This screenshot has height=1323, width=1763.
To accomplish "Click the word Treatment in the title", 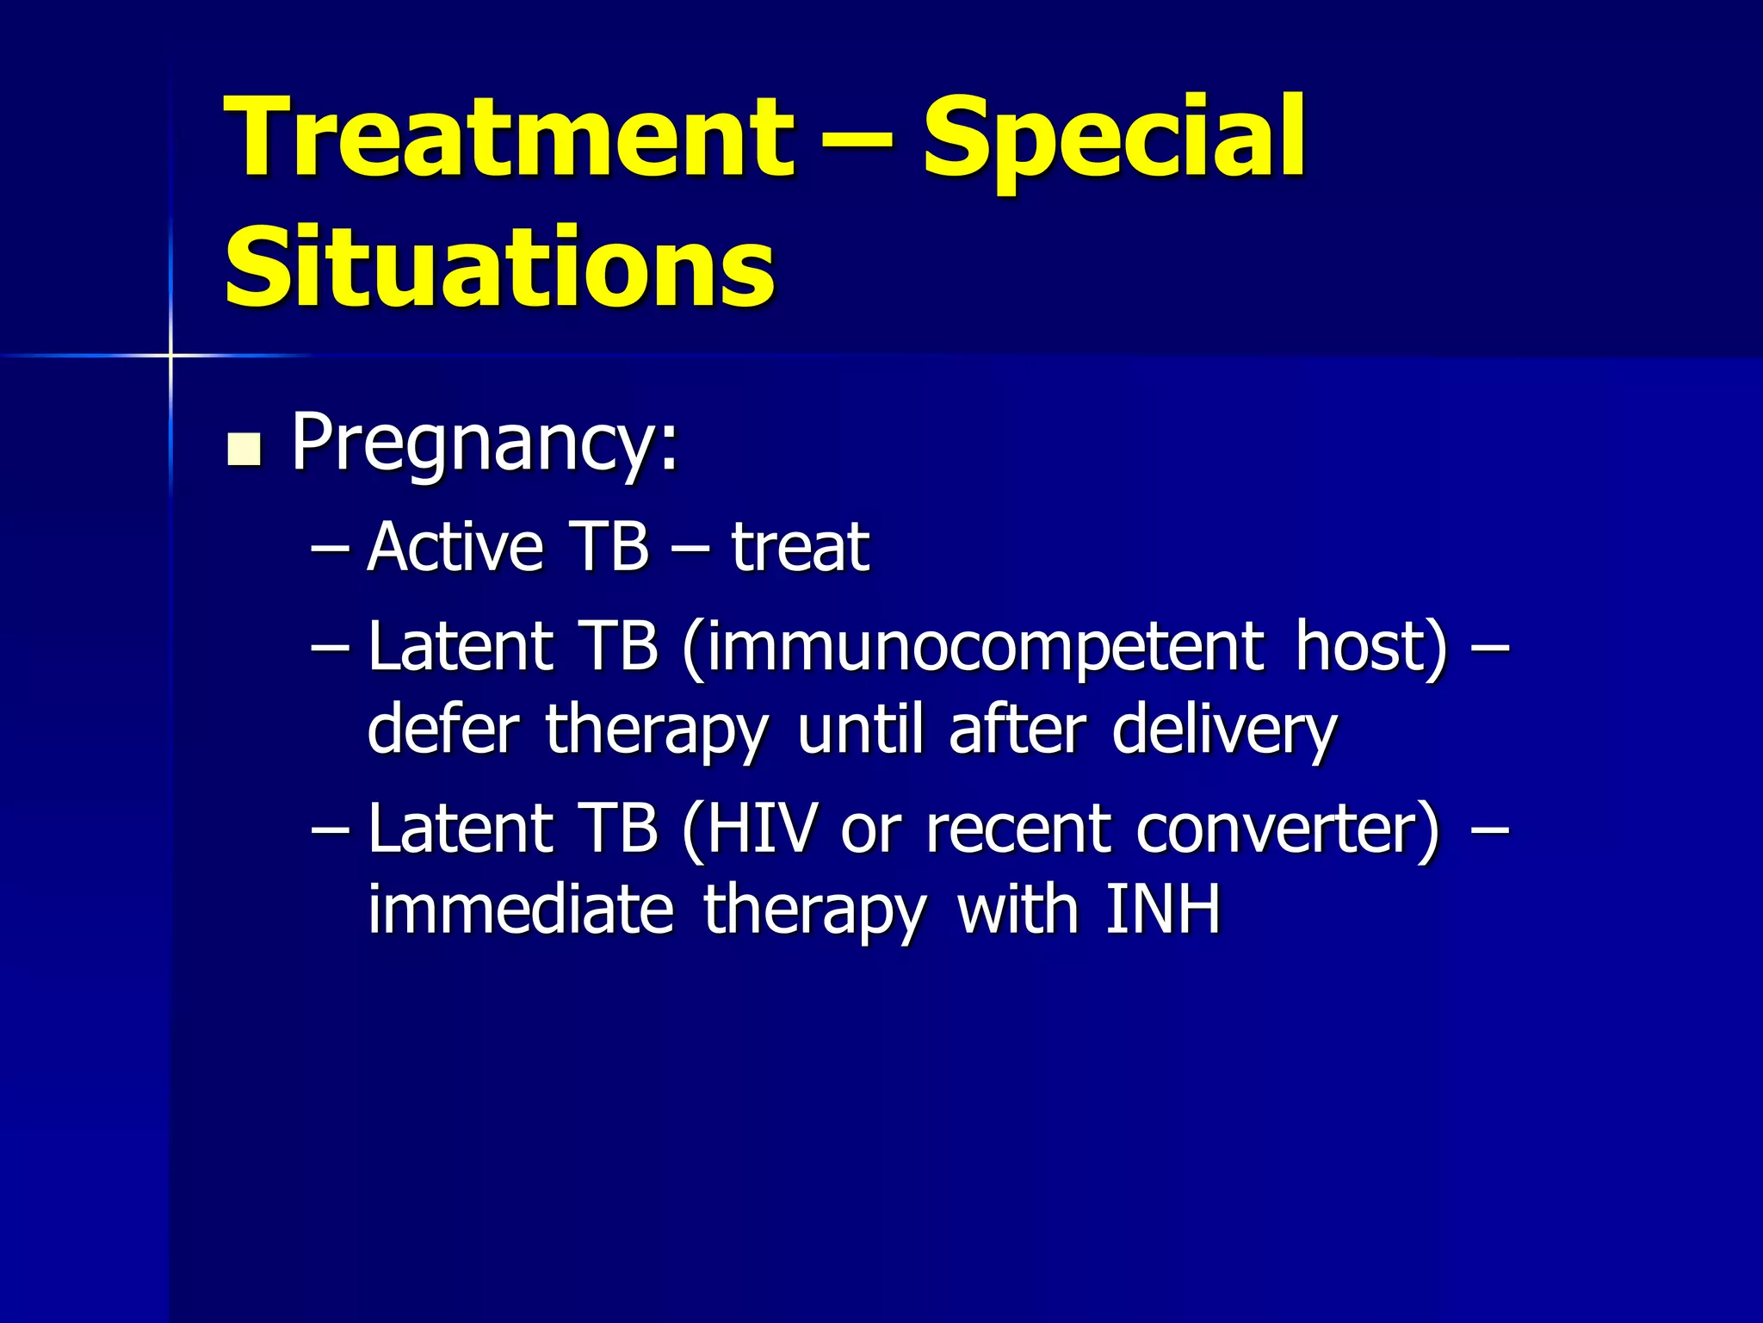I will [508, 138].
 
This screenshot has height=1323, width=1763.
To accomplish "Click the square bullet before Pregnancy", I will [244, 450].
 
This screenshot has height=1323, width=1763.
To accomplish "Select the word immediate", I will [521, 910].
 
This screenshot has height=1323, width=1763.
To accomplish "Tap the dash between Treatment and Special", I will [857, 138].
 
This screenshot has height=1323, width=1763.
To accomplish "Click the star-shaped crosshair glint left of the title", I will [170, 355].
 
